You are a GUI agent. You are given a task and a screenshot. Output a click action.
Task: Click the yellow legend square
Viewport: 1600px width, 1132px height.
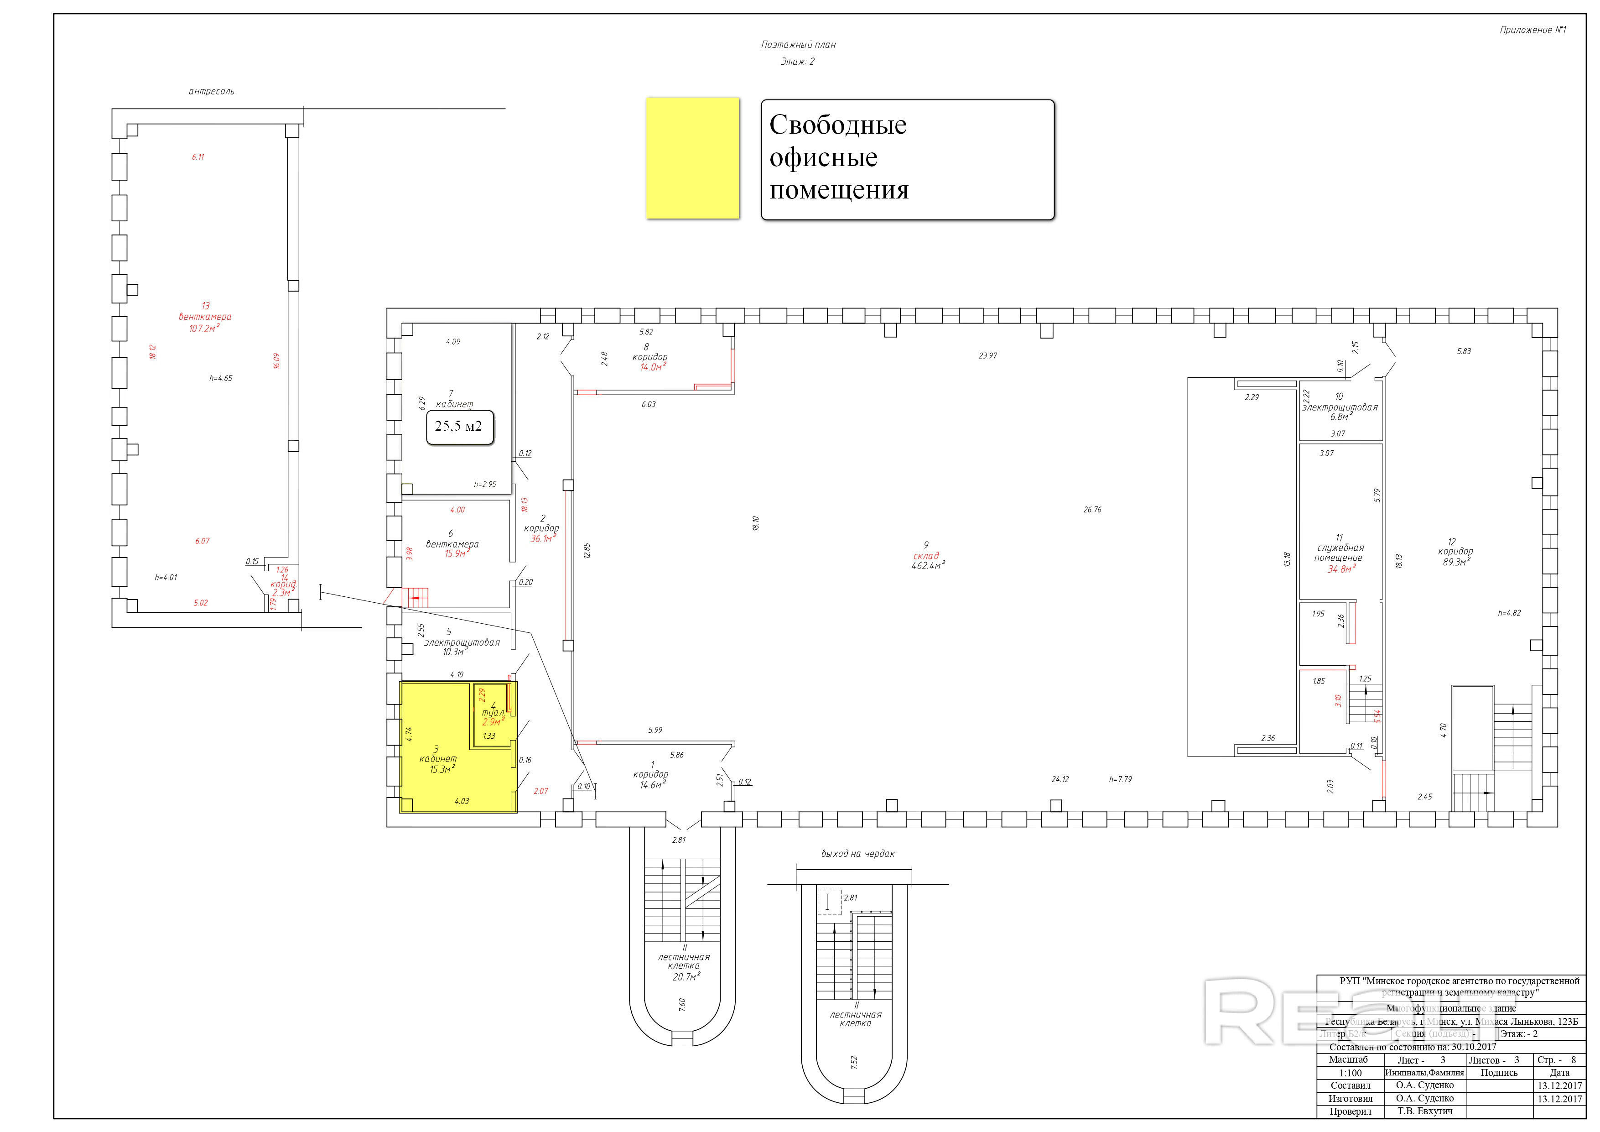(x=692, y=158)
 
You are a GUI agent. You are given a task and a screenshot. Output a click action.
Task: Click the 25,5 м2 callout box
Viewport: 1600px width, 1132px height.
(x=459, y=427)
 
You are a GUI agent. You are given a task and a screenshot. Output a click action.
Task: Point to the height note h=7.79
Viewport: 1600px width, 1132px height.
(x=1121, y=779)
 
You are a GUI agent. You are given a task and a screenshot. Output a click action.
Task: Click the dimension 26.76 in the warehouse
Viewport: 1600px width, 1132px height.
(x=1092, y=510)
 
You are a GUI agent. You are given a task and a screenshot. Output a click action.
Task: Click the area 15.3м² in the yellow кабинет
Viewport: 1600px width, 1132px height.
(x=442, y=770)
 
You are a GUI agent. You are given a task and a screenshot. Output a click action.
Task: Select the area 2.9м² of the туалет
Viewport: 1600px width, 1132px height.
(x=492, y=722)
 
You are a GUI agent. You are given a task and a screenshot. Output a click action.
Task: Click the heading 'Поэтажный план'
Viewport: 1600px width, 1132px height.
(x=798, y=45)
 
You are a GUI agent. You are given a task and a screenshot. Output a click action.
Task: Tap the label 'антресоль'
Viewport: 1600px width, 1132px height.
(x=211, y=91)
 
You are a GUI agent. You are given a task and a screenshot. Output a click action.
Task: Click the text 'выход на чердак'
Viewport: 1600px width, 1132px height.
(x=857, y=854)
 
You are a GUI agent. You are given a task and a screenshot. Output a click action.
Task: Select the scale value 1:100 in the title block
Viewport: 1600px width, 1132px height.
(x=1350, y=1073)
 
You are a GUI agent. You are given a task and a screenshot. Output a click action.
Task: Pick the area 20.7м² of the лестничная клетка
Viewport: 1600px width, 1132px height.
(x=686, y=977)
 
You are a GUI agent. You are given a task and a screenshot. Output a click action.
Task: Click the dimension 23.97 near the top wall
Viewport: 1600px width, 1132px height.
(x=987, y=355)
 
